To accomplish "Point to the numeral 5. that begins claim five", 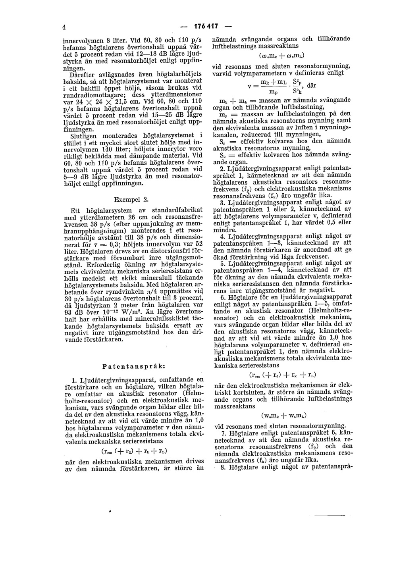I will tap(223, 263).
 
